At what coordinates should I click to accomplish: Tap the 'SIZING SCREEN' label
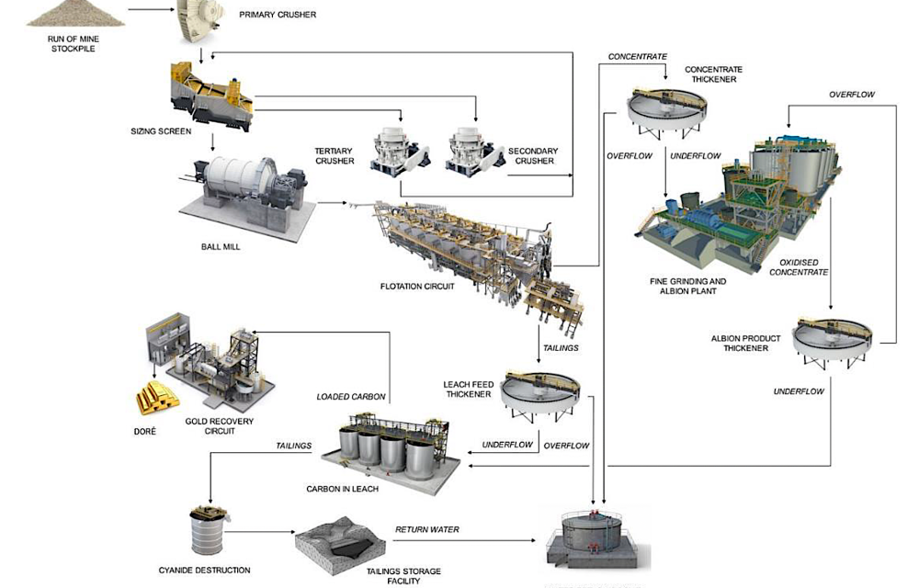[x=161, y=131]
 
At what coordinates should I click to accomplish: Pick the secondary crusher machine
[x=474, y=150]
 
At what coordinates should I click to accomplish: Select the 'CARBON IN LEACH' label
[x=343, y=489]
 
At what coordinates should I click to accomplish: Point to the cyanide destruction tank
[x=210, y=529]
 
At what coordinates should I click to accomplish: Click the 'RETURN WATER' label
[x=426, y=530]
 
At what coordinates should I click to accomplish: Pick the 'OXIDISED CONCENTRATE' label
[x=798, y=266]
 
